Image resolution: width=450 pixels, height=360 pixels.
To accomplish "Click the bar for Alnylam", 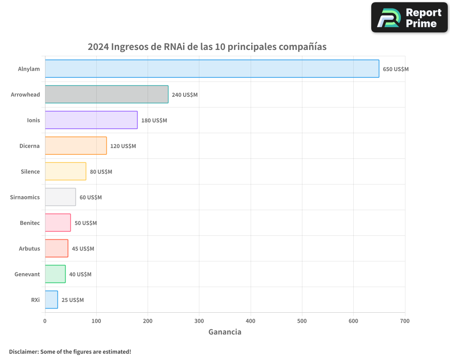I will (212, 69).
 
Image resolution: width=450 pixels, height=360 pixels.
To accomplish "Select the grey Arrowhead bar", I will (107, 94).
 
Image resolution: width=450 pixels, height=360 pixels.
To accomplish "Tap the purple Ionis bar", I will (91, 120).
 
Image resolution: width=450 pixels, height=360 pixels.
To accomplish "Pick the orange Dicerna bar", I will (76, 146).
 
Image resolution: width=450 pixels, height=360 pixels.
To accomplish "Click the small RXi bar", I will (51, 300).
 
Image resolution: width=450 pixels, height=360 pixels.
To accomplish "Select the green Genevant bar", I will (55, 274).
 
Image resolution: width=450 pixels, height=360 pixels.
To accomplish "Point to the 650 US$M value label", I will (396, 69).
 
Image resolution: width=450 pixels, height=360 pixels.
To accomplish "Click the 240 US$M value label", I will (184, 95).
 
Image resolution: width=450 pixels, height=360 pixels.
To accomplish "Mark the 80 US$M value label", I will (101, 172).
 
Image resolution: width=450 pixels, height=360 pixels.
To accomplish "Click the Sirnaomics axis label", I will (25, 197).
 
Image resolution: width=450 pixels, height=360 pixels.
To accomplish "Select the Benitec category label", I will (30, 223).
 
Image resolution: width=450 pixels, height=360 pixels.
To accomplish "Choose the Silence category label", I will (30, 171).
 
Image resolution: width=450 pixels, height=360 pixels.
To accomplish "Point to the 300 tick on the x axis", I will (199, 321).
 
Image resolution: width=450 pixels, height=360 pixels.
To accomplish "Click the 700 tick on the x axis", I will (405, 321).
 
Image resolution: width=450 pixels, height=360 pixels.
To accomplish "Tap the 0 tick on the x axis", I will (45, 321).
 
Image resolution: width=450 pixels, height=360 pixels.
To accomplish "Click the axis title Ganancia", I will (225, 332).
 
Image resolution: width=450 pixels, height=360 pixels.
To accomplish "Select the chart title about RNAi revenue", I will (207, 47).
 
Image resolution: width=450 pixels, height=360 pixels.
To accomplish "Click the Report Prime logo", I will (409, 18).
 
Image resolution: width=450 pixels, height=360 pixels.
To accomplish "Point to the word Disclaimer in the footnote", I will (23, 351).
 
